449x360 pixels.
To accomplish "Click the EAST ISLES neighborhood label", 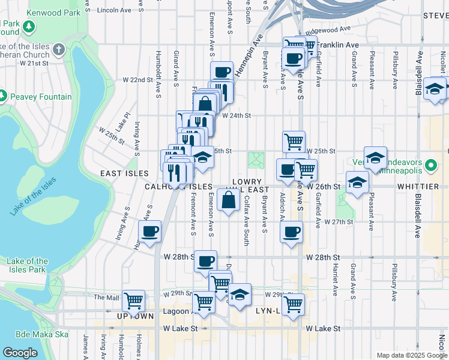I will click(119, 173).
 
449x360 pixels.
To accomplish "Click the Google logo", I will click(20, 352).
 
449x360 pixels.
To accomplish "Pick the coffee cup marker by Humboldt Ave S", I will click(149, 231).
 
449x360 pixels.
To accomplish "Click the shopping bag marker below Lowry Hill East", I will click(229, 200).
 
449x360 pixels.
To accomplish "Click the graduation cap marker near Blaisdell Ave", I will click(434, 89).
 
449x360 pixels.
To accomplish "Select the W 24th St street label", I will click(235, 116).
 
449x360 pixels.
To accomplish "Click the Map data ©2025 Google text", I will click(411, 355).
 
